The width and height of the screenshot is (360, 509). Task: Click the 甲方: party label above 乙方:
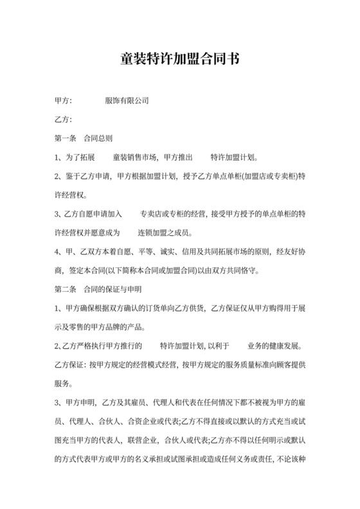[x=64, y=101]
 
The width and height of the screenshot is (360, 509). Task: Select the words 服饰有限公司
[x=127, y=101]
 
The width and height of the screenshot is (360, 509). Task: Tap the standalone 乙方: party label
[x=64, y=120]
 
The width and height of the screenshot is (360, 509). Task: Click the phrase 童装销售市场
[x=134, y=157]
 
